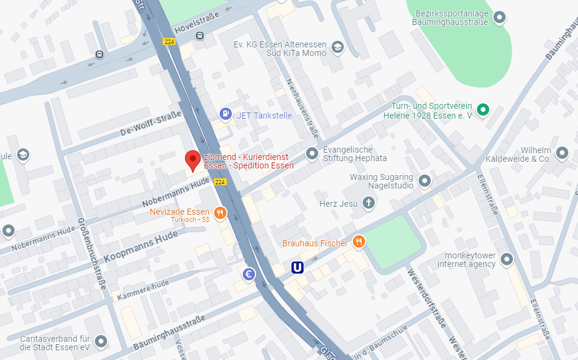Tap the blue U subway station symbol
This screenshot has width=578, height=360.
(x=298, y=267)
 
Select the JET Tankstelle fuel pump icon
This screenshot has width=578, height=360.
(x=226, y=114)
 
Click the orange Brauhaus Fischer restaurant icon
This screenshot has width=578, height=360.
(x=359, y=242)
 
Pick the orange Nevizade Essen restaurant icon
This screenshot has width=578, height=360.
(x=220, y=213)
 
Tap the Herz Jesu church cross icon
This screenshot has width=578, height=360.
(x=368, y=203)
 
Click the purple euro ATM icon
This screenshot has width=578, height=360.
(x=248, y=274)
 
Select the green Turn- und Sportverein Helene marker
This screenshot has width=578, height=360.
(x=482, y=109)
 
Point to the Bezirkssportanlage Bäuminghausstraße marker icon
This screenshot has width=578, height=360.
(x=500, y=16)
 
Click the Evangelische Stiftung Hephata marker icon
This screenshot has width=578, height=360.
(x=312, y=153)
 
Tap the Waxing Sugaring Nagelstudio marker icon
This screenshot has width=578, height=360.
(x=425, y=181)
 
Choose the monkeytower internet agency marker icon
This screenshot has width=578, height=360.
(x=506, y=260)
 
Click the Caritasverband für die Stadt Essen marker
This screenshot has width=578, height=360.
(x=100, y=342)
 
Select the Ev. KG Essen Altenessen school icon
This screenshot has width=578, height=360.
(x=338, y=47)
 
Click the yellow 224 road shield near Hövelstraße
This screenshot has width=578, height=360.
(x=170, y=41)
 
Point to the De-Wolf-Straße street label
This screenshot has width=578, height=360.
(x=150, y=123)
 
